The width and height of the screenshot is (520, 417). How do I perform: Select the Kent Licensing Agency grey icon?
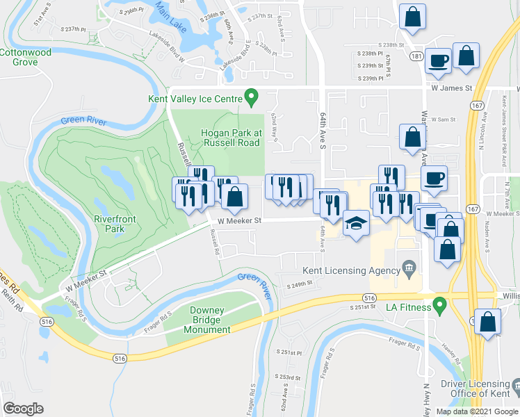point(409,267)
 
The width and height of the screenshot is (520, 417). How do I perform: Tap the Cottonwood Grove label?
point(29,57)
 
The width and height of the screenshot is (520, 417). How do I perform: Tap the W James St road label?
point(451,88)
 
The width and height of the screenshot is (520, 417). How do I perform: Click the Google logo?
point(24,408)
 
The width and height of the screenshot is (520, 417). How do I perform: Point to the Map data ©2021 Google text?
point(477,411)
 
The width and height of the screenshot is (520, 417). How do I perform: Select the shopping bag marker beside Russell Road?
point(235,196)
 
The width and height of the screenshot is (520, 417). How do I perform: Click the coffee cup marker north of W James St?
point(439,60)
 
